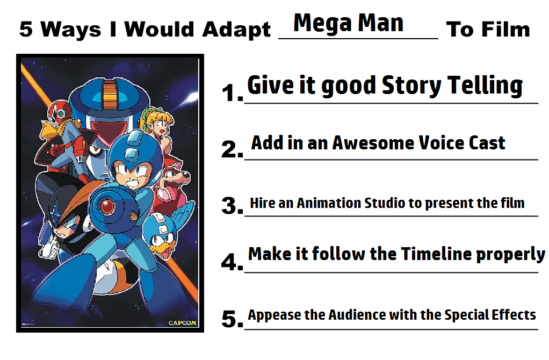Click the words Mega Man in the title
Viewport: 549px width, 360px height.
click(348, 24)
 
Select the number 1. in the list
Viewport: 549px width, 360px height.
click(232, 93)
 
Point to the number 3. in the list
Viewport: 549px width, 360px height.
click(232, 206)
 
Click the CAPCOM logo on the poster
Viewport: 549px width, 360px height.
click(182, 323)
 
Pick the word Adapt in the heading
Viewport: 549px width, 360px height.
click(236, 30)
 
